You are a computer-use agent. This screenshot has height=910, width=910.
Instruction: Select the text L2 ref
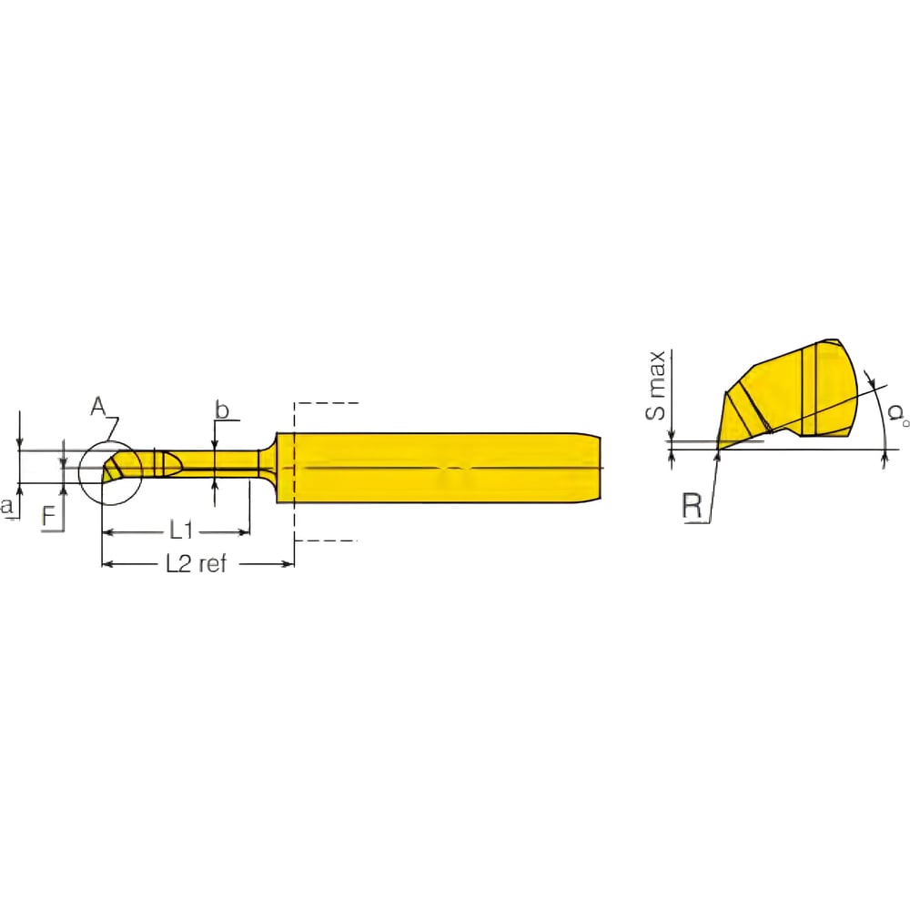click(196, 564)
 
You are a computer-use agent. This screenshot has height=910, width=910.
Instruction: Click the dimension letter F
click(52, 517)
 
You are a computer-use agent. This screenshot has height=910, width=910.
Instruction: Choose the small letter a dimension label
click(8, 506)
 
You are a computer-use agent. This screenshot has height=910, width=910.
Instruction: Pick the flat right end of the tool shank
click(602, 468)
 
